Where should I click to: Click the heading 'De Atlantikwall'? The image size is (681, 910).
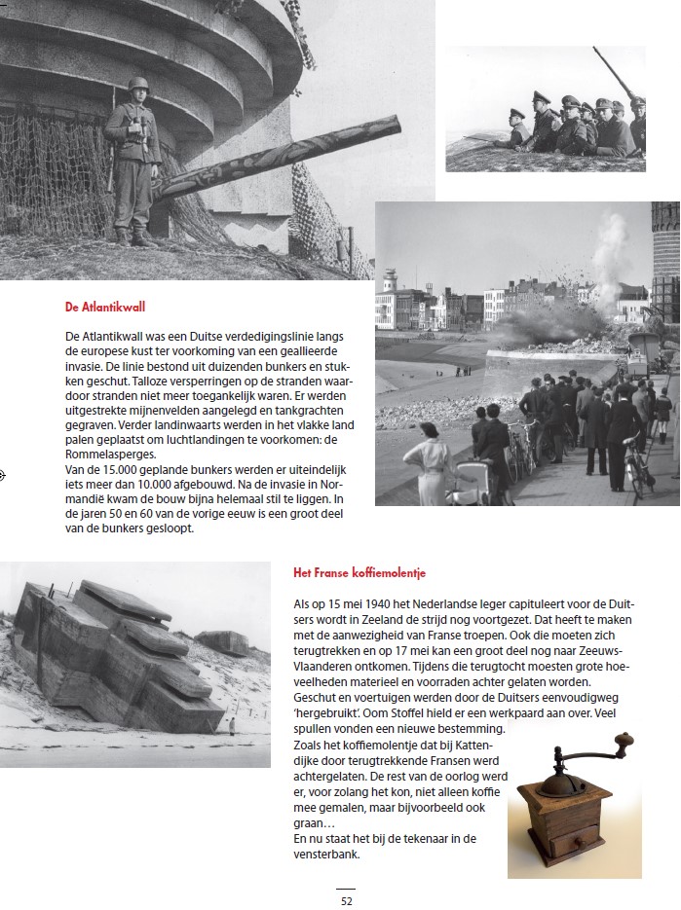tap(105, 307)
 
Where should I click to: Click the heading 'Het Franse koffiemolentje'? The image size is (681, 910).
tap(359, 572)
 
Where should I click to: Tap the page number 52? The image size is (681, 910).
tap(346, 900)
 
